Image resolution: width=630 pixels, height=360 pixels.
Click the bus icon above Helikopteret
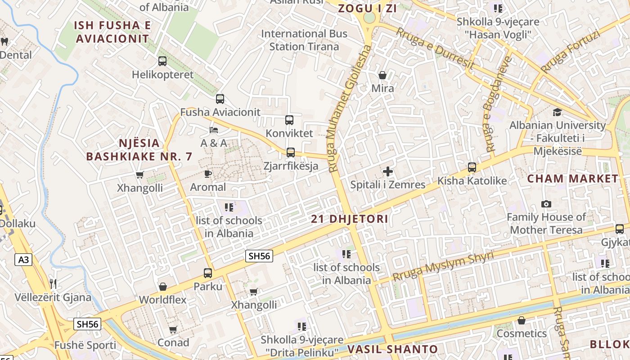coord(162,61)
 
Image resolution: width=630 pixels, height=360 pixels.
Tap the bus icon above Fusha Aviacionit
coord(220,99)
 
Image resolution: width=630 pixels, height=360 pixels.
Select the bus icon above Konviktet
coord(289,120)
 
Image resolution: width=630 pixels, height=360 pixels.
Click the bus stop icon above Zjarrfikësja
coord(291,153)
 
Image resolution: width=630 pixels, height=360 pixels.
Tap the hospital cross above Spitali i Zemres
coord(387,171)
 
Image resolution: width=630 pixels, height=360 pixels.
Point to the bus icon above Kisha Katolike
coord(472,167)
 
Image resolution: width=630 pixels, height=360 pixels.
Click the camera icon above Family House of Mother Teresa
coord(546,204)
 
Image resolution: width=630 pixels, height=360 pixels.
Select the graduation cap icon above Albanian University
coord(558,112)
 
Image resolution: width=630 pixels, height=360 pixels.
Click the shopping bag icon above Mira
coord(382,75)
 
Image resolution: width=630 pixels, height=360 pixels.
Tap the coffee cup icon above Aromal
coord(208,174)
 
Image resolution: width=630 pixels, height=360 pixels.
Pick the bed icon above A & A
coord(214,130)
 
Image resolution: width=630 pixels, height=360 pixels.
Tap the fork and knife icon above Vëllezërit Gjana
coord(53,284)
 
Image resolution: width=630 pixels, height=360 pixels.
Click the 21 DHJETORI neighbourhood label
coord(349,219)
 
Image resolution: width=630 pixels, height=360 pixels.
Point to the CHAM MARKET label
coord(573,179)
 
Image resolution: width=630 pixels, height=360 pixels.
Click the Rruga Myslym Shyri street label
coord(443,266)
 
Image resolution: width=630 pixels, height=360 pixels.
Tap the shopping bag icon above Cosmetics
coord(522,320)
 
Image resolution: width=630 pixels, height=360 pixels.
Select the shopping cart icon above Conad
coord(173,330)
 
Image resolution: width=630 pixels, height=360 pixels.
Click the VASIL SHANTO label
coord(392,349)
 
